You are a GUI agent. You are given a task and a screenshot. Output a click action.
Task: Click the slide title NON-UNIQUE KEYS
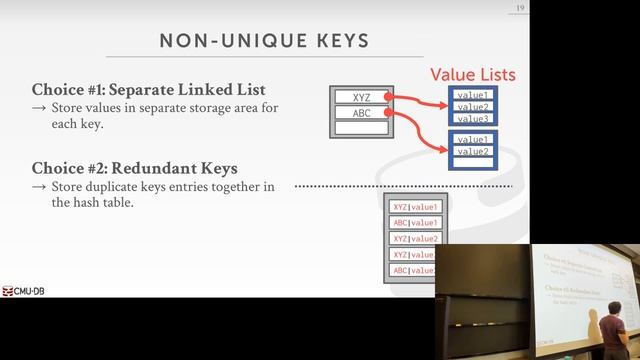pyautogui.click(x=263, y=41)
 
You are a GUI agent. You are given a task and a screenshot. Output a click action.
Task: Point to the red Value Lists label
pyautogui.click(x=473, y=75)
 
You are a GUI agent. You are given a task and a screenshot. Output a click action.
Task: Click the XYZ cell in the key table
pyautogui.click(x=360, y=97)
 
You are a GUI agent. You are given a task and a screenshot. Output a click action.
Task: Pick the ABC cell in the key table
pyautogui.click(x=360, y=112)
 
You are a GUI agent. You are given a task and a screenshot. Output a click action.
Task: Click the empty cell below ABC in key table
pyautogui.click(x=360, y=127)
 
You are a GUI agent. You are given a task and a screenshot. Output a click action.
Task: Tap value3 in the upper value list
pyautogui.click(x=472, y=119)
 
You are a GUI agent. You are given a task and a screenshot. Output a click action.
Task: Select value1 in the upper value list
pyautogui.click(x=472, y=95)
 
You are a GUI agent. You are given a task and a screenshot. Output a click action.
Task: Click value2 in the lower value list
pyautogui.click(x=472, y=151)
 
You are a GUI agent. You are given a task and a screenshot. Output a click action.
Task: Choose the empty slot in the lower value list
pyautogui.click(x=472, y=162)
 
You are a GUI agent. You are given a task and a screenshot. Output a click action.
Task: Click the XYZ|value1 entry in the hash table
pyautogui.click(x=414, y=207)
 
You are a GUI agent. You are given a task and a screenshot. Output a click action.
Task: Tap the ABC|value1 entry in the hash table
pyautogui.click(x=414, y=223)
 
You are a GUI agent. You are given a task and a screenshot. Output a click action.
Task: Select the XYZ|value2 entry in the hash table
pyautogui.click(x=414, y=239)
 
